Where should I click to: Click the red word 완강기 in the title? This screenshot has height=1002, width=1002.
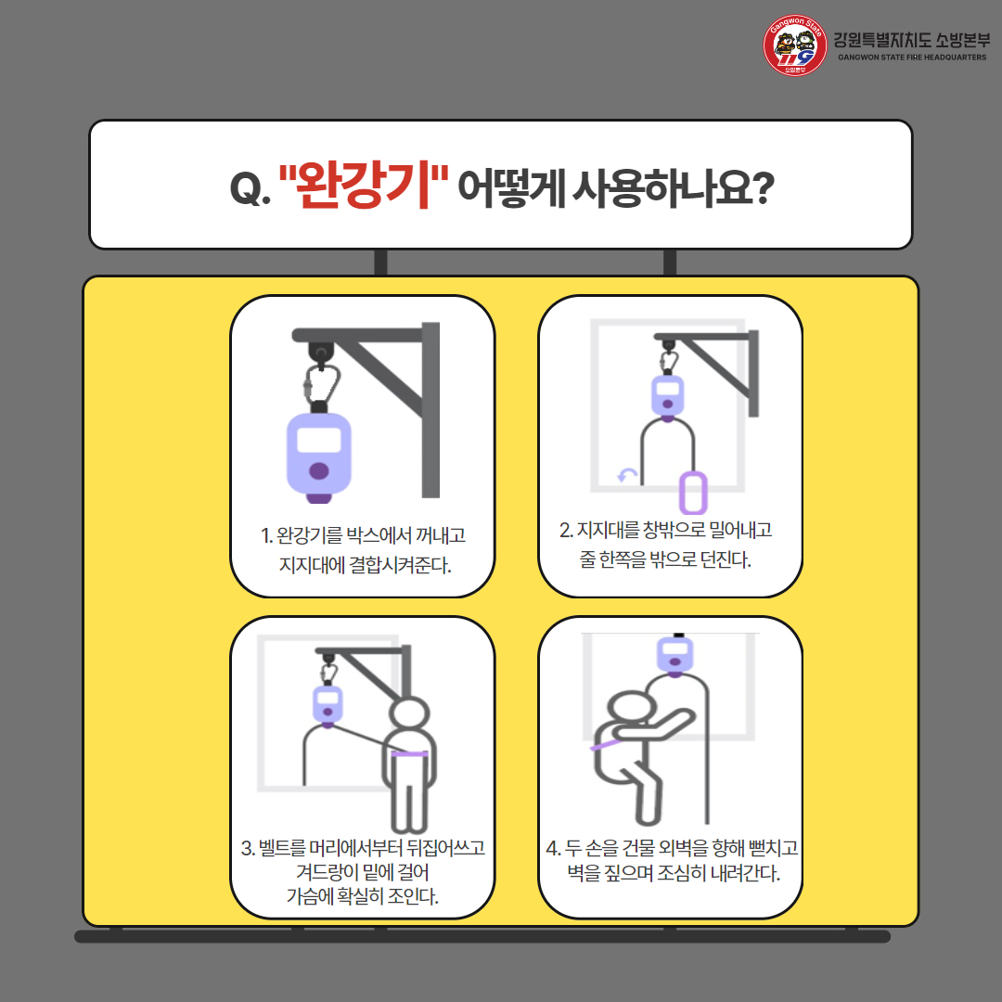[x=364, y=186]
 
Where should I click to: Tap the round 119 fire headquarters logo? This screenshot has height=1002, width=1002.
[x=794, y=45]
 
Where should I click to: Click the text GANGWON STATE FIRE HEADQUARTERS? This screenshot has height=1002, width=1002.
[x=912, y=58]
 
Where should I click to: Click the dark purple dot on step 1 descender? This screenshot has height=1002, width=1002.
[x=319, y=471]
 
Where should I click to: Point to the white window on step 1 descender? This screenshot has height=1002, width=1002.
[x=319, y=440]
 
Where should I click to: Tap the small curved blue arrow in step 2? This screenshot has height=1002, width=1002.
[x=627, y=475]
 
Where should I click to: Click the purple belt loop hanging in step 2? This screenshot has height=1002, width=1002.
[x=693, y=492]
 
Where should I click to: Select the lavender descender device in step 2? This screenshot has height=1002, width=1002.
[x=667, y=397]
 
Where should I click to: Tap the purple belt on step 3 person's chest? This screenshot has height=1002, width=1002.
[x=409, y=754]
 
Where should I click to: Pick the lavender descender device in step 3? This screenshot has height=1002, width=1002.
[x=328, y=706]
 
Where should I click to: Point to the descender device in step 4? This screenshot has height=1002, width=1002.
[x=674, y=656]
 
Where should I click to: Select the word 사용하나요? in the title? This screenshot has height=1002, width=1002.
[x=673, y=187]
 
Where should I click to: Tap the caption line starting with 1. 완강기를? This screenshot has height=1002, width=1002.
[x=363, y=535]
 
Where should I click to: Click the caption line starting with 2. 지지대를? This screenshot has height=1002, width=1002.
[x=666, y=530]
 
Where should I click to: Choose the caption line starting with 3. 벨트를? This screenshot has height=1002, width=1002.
[x=363, y=847]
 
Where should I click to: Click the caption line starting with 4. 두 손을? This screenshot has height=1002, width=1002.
[x=673, y=848]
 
